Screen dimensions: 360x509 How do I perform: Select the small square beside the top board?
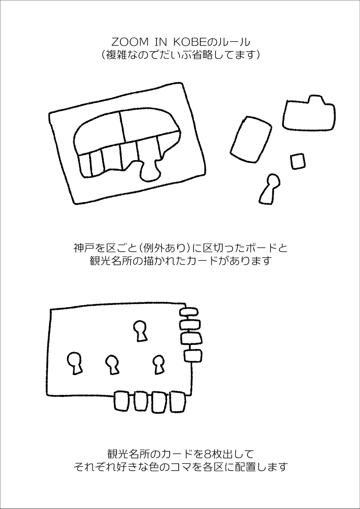point(297,161)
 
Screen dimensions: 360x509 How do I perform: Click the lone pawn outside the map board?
point(270,189)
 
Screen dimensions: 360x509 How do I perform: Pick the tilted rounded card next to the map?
point(251,139)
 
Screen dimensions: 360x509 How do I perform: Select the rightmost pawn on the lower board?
point(159,364)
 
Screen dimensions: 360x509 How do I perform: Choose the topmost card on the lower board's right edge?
point(189,313)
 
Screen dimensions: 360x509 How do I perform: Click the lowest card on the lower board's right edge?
point(193,356)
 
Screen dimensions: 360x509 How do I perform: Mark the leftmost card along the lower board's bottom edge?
point(123,401)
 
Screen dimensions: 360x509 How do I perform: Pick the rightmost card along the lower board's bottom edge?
point(177,402)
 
